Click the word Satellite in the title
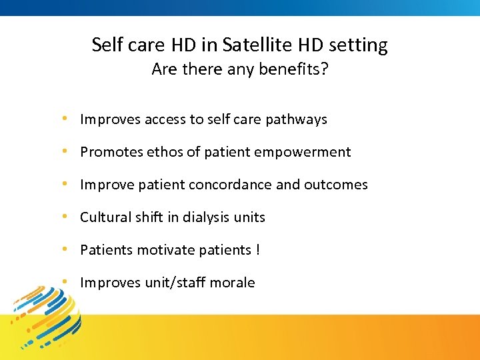coord(251,45)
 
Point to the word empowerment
coord(309,152)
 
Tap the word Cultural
coord(104,217)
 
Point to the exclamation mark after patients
coord(257,250)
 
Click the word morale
coord(233,283)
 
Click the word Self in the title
coord(105,45)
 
